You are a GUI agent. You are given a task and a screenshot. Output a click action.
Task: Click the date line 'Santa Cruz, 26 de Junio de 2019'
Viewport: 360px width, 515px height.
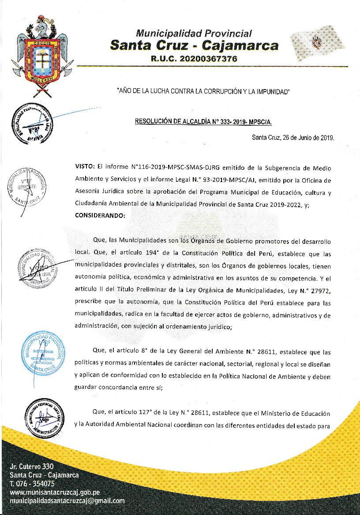(x=293, y=137)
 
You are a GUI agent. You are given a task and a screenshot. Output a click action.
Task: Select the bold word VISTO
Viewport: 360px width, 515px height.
(x=85, y=168)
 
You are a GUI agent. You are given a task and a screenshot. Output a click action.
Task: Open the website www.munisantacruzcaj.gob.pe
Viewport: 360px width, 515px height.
(x=55, y=492)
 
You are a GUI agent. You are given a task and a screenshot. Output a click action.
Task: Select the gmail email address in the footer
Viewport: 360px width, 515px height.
(x=67, y=501)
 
